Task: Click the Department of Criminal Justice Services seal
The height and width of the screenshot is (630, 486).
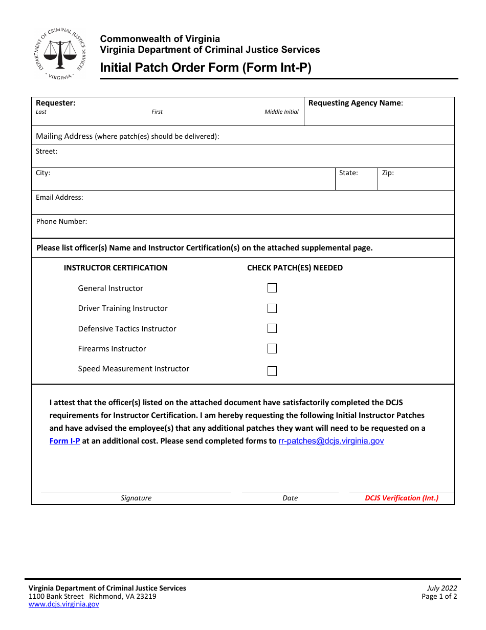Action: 60,53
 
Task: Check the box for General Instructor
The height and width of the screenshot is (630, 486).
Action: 272,288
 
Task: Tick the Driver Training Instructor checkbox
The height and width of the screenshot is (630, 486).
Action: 272,308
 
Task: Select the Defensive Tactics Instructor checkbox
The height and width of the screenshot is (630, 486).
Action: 272,328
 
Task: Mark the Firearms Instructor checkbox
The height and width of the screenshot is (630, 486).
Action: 272,349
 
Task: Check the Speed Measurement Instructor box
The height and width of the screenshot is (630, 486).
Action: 272,371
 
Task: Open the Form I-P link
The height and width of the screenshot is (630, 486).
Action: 64,441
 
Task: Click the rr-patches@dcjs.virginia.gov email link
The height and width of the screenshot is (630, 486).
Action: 331,441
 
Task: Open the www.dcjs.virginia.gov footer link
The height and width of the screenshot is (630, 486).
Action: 63,604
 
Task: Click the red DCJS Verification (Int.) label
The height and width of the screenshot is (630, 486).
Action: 402,498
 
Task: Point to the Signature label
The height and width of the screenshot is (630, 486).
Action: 136,498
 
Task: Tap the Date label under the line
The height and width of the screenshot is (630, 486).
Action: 290,498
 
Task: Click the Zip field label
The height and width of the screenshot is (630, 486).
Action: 388,173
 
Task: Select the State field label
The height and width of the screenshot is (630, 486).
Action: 348,173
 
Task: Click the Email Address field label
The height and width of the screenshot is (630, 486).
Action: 59,198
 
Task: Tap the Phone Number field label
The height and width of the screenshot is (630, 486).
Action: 61,222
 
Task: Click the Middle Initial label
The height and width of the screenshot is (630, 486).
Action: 281,112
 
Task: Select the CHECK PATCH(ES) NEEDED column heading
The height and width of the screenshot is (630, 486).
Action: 295,268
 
